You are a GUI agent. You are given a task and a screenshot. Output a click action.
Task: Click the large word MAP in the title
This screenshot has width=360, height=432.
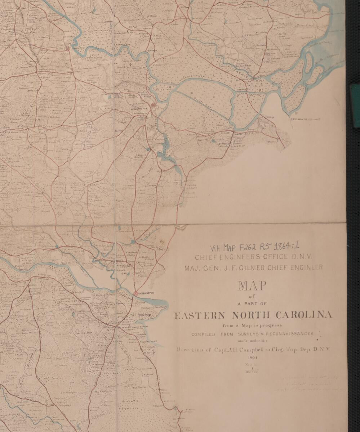(x=252, y=286)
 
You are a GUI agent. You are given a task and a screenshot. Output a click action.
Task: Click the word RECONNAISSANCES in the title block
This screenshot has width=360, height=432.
(x=288, y=334)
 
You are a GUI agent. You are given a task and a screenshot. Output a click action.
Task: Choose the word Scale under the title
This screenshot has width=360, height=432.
(x=252, y=364)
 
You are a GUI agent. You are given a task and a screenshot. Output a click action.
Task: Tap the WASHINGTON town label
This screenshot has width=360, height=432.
(x=147, y=293)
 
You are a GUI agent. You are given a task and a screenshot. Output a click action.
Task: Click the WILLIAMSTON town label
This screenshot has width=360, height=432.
(x=137, y=108)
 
